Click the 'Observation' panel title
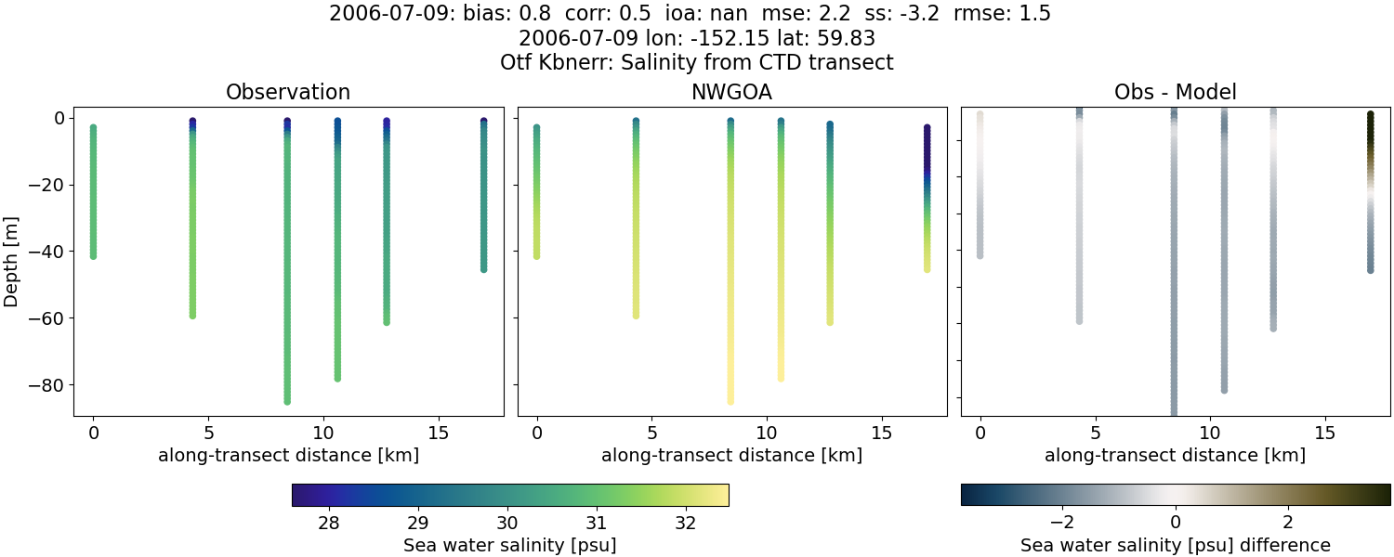(x=288, y=93)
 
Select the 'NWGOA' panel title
(x=731, y=93)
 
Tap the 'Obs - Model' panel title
(x=1175, y=93)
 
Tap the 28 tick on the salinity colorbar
(x=328, y=523)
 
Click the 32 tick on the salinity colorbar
(x=685, y=523)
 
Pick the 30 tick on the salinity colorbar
(x=506, y=523)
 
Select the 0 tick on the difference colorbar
(x=1176, y=523)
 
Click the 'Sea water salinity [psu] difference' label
(x=1175, y=545)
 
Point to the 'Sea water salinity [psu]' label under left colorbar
(x=509, y=545)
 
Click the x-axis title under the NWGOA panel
(x=731, y=456)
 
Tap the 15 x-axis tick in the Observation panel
(x=438, y=433)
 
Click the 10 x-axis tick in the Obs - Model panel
(x=1210, y=433)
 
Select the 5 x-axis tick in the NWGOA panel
(x=651, y=433)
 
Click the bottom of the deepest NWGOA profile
(x=730, y=401)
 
